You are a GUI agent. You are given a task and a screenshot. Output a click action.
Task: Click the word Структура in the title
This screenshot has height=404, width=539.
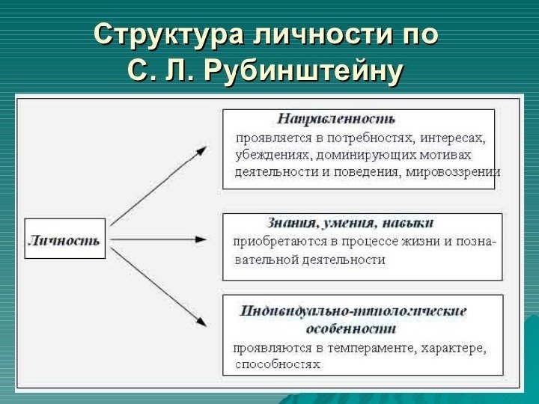tap(170, 35)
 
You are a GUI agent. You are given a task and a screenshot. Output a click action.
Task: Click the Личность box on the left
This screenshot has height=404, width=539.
tap(64, 239)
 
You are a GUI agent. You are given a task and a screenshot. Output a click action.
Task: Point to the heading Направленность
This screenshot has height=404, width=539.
tap(336, 119)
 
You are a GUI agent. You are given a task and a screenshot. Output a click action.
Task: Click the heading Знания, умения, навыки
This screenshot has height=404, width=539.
tap(350, 223)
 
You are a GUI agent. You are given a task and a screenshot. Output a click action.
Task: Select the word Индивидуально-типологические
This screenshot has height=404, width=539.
tap(353, 310)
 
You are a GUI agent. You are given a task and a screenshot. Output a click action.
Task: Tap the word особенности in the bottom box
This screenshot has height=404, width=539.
tap(351, 328)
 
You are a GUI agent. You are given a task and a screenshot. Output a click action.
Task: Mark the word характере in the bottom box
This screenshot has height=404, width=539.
tap(453, 349)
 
